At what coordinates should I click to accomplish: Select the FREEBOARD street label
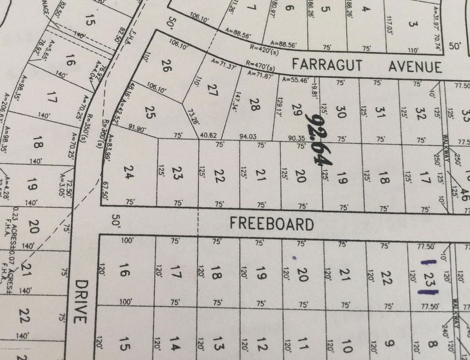click(x=271, y=223)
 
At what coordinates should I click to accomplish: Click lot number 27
click(x=213, y=91)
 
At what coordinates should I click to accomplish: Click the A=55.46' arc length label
click(x=297, y=79)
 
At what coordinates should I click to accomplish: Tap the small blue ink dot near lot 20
click(x=294, y=257)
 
